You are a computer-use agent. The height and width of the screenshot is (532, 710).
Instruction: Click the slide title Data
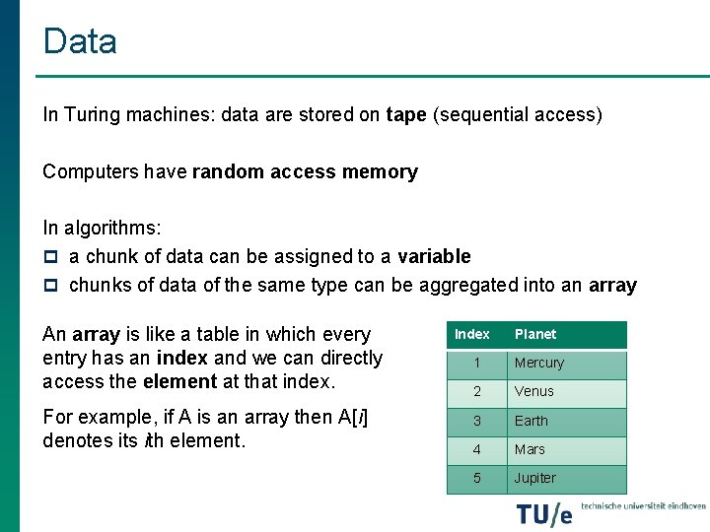click(80, 41)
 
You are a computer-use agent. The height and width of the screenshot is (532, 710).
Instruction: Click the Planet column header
click(535, 335)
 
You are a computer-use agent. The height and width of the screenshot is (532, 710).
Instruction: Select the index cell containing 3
click(476, 421)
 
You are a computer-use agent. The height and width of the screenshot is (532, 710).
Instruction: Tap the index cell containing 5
click(476, 478)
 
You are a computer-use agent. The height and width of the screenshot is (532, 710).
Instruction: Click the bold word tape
click(406, 114)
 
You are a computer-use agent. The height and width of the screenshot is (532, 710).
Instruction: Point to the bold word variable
click(434, 257)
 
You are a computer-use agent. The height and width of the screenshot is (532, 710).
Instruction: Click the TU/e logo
click(543, 513)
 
